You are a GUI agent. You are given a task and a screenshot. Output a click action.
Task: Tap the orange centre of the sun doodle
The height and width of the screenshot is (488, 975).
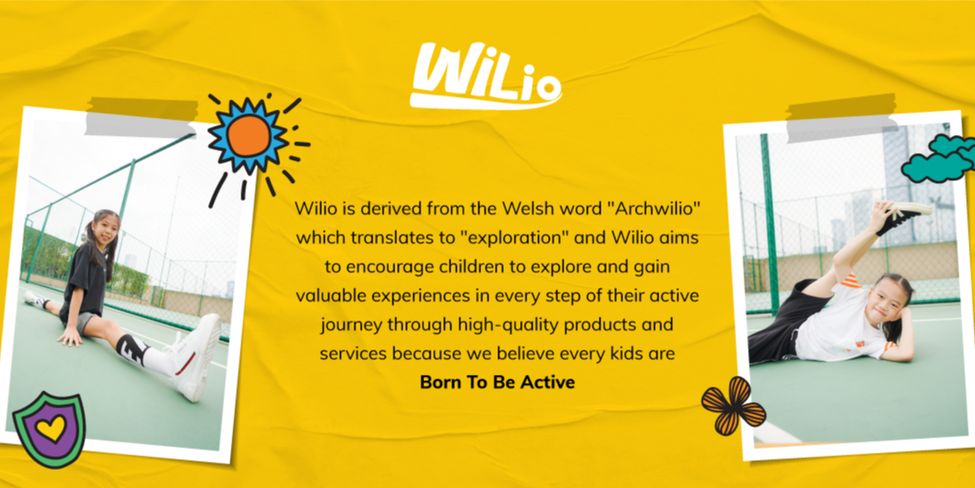248,136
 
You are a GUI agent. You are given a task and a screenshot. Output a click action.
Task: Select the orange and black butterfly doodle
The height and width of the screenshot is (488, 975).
733,407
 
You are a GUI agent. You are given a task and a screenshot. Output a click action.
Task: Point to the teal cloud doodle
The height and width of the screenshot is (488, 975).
938,158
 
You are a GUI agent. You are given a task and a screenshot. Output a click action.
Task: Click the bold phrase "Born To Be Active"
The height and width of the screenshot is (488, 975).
497,382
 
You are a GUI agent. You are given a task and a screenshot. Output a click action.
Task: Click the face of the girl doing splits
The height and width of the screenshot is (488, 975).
105,230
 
